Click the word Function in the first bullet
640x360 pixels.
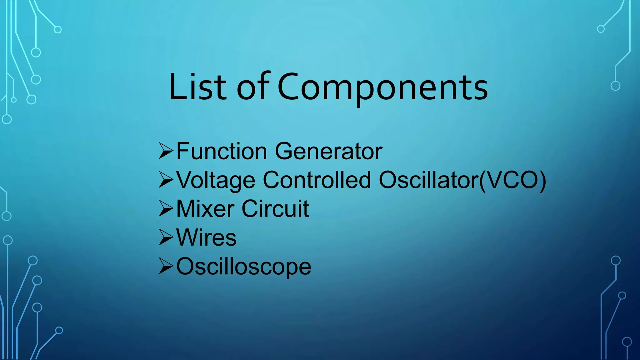point(222,151)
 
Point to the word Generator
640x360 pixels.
point(328,151)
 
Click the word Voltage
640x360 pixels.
point(216,180)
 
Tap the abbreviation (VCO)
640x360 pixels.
point(512,180)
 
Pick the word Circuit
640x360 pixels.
point(275,209)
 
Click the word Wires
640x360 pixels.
point(206,238)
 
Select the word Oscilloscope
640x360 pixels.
point(244,267)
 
